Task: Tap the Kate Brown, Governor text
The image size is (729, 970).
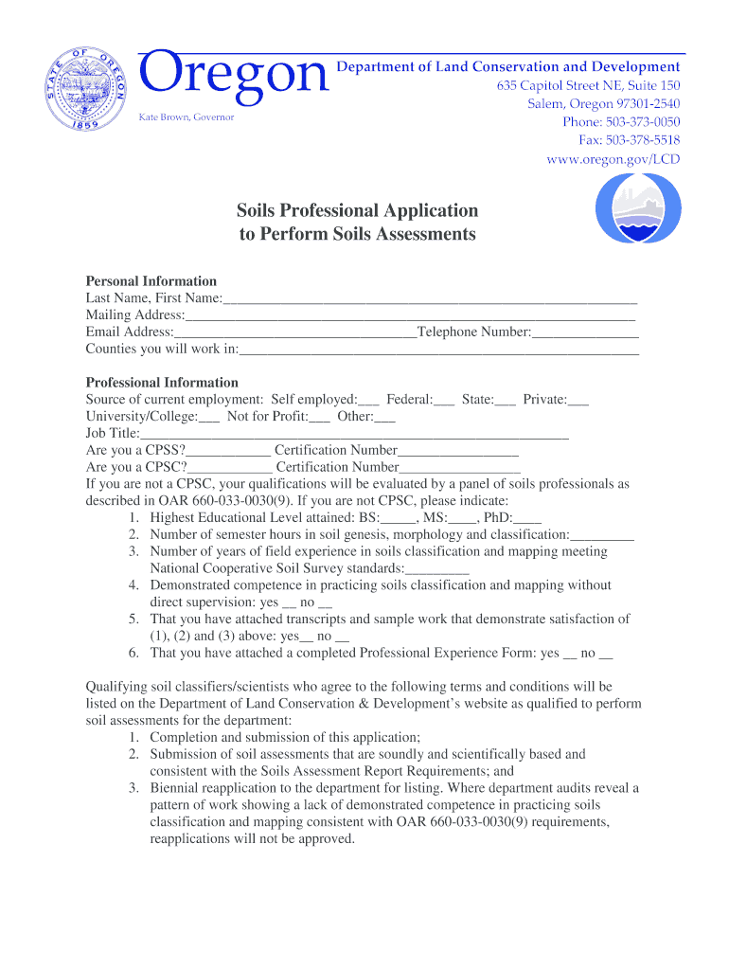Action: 187,117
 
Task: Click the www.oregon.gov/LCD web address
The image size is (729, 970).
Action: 613,159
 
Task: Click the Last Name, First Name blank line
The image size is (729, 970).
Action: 430,299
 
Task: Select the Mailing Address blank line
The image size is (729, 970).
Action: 409,316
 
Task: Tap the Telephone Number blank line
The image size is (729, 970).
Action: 585,333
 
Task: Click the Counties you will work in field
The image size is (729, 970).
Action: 439,350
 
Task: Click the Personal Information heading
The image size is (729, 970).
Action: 151,281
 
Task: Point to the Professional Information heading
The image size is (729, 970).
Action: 162,383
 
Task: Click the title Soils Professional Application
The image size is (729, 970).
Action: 357,210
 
